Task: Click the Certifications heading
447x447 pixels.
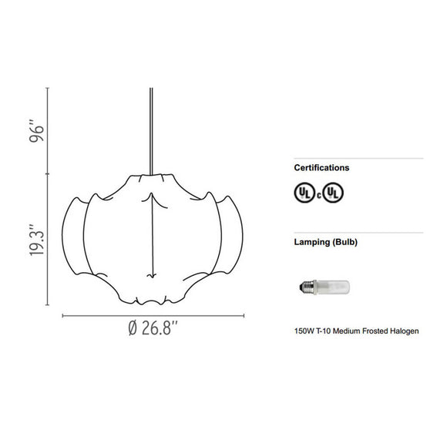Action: pos(321,167)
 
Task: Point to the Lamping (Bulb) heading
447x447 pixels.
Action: pos(325,241)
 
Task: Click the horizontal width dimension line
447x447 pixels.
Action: pos(153,315)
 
